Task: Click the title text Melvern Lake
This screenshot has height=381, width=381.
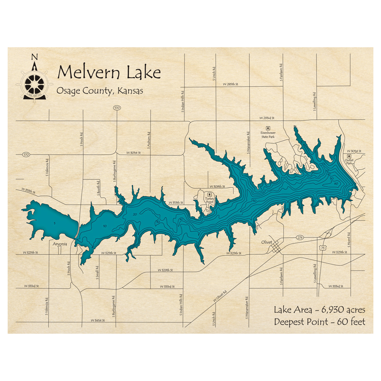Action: pos(109,72)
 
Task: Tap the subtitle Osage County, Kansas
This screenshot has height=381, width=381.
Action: pos(99,91)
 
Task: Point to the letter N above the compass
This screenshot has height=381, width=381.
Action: pos(34,58)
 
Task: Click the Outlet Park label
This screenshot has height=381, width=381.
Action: pos(349,162)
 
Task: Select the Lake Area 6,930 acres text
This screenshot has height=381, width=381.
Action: pos(319,309)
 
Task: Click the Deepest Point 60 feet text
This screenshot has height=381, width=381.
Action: pos(319,322)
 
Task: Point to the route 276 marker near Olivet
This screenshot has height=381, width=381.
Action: pos(300,238)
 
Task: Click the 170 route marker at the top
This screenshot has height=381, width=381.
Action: pos(117,109)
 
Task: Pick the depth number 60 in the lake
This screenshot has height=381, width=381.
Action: pos(336,184)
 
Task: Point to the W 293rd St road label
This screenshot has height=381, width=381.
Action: pos(267,118)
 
